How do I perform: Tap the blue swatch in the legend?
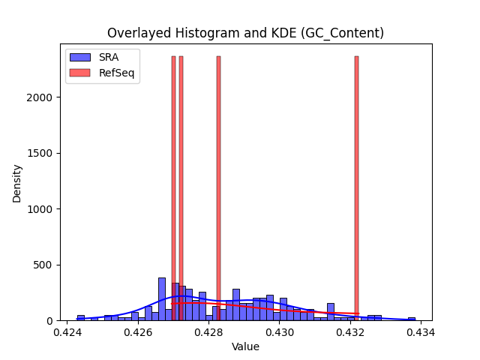[x=80, y=57]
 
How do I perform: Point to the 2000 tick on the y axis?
[x=40, y=97]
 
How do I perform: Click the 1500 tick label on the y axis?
[x=40, y=153]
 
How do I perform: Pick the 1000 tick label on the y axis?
[x=40, y=209]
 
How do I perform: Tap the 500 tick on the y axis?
[x=43, y=265]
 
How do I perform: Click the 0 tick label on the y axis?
[x=49, y=321]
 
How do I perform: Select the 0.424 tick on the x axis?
[x=67, y=332]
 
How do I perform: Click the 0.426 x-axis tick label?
[x=138, y=332]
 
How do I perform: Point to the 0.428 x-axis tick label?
[x=208, y=332]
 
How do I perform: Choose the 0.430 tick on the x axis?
[x=280, y=332]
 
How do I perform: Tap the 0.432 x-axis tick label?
[x=350, y=332]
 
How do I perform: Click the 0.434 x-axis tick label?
[x=421, y=332]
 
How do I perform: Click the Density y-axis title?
[x=16, y=184]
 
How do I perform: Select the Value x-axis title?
[x=245, y=346]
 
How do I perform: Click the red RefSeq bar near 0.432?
[x=357, y=188]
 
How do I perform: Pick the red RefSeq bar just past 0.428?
[x=218, y=188]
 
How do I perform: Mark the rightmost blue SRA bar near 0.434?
[x=412, y=319]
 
